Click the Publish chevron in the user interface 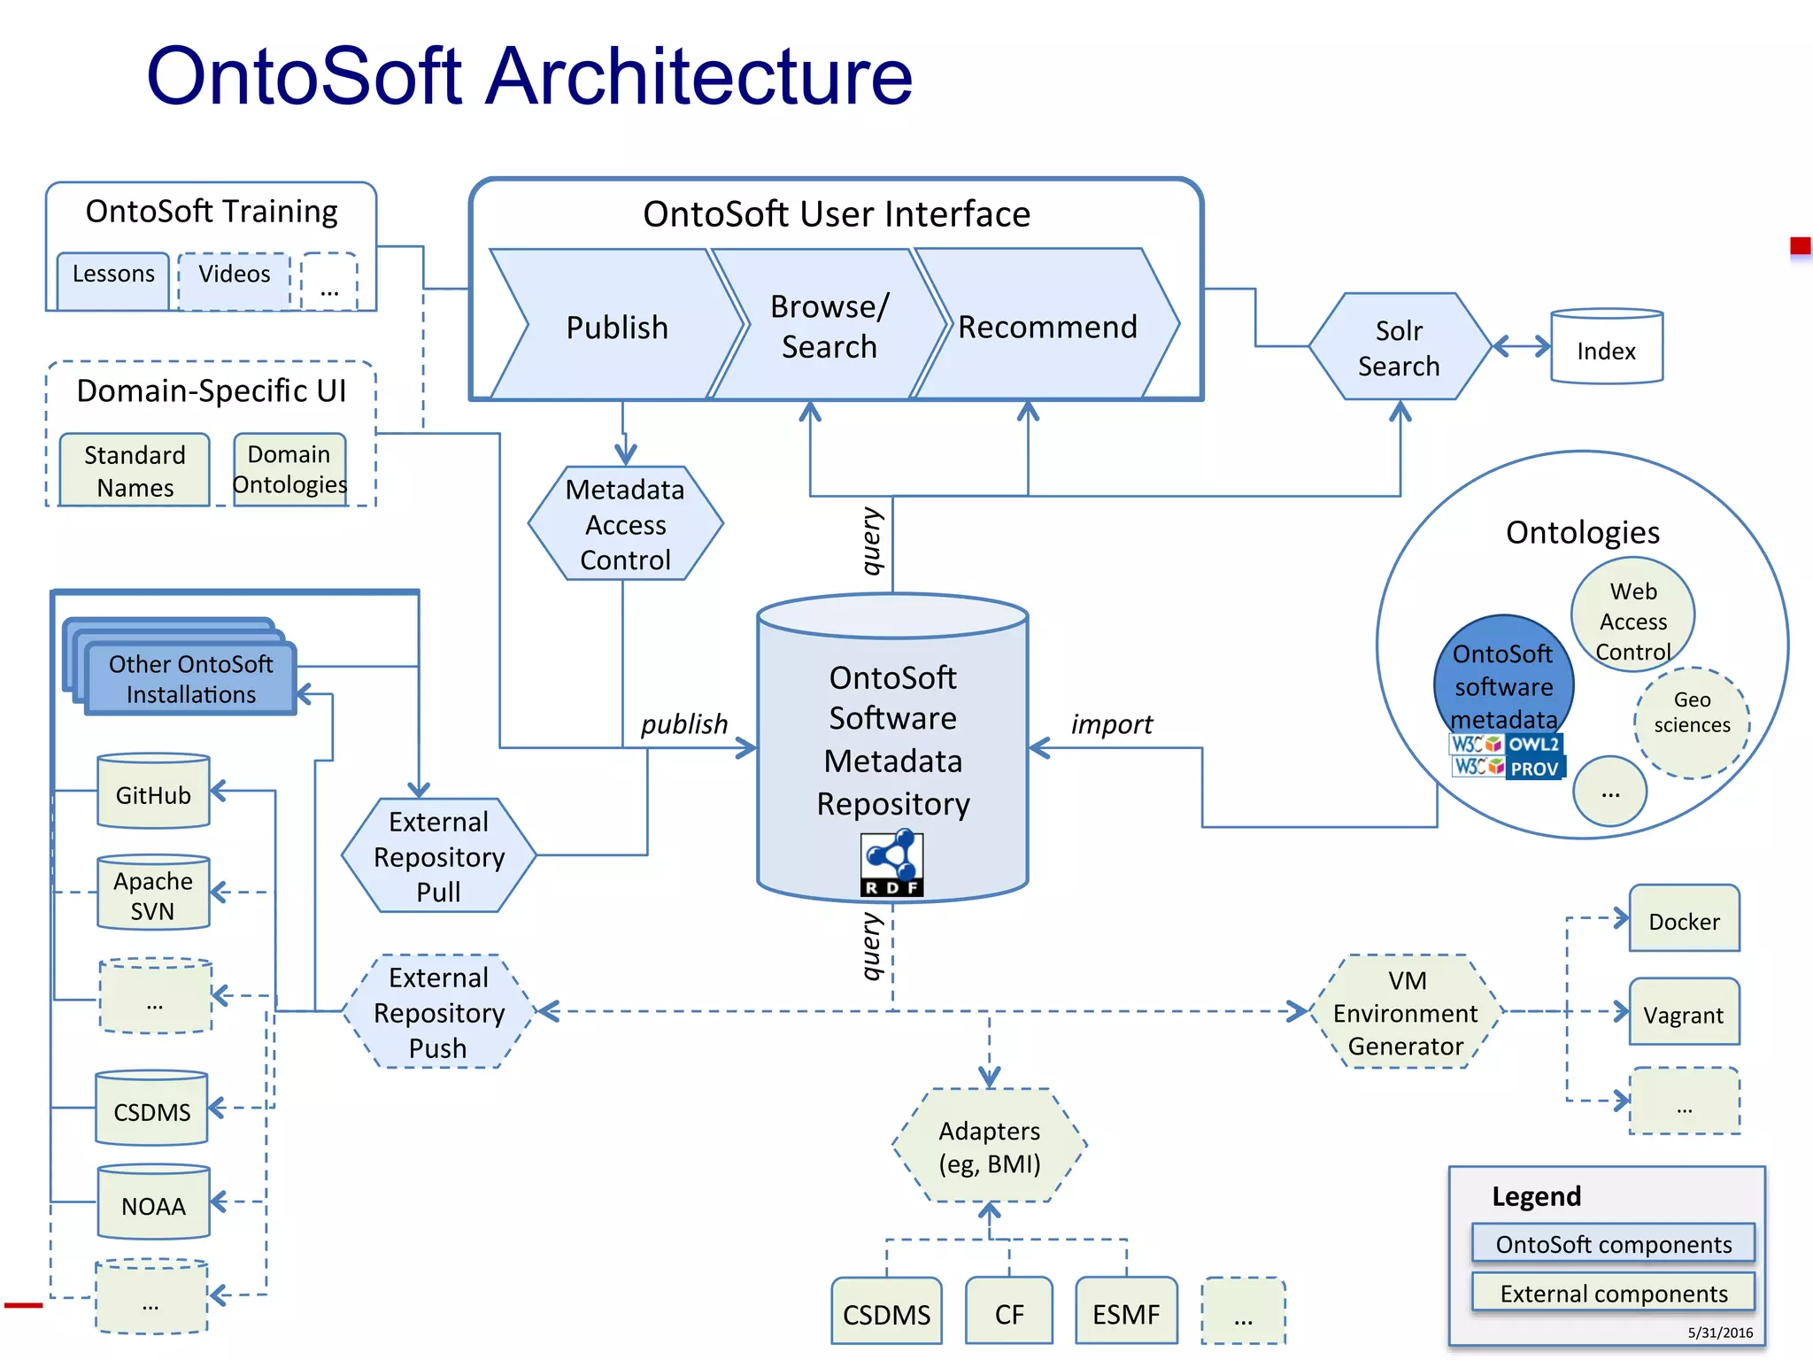tap(617, 327)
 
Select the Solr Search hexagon tap(1399, 347)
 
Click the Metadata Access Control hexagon tap(625, 524)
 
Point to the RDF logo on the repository tap(891, 864)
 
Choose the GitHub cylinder tap(153, 793)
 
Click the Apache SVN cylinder tap(153, 894)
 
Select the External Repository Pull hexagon tap(439, 856)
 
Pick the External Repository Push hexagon tap(439, 1012)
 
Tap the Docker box tap(1684, 920)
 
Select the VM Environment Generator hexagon tap(1405, 1013)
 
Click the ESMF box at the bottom tap(1126, 1312)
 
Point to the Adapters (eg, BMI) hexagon tap(989, 1146)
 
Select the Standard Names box tap(135, 470)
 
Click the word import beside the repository tap(1112, 724)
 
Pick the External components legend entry tap(1613, 1293)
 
